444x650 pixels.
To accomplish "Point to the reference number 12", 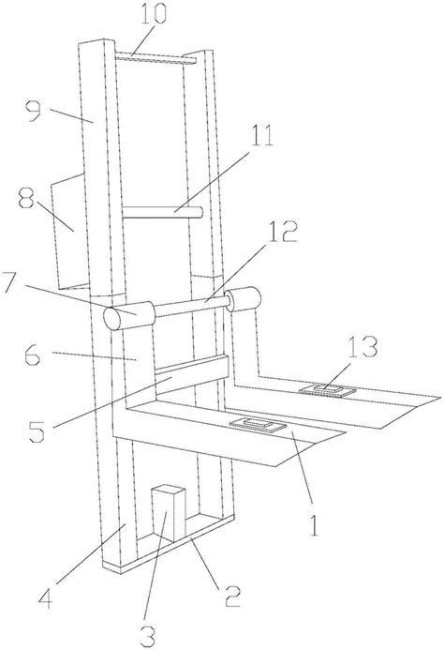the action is coord(282,233).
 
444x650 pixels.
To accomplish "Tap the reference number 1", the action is coord(314,525).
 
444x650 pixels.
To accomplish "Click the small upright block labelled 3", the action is coord(169,513).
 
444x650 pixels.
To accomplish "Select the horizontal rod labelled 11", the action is coord(162,212).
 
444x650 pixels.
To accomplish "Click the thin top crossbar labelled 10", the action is coord(155,58).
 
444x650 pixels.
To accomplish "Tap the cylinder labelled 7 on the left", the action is coord(128,316).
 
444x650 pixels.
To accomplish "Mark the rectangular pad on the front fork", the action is coord(259,425).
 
